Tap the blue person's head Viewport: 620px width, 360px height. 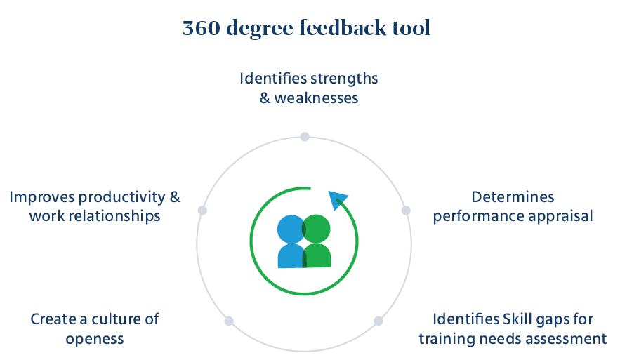(290, 228)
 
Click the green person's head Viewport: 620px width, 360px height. (317, 228)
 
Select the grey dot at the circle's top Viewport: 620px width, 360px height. (305, 137)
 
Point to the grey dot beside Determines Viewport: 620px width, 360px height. (405, 211)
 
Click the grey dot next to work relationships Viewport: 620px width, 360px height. (203, 211)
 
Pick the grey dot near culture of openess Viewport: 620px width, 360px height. (229, 321)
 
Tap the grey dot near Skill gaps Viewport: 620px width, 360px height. (378, 321)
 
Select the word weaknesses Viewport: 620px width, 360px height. (317, 98)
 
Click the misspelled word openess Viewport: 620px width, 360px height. (95, 339)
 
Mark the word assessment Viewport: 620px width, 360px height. (572, 339)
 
